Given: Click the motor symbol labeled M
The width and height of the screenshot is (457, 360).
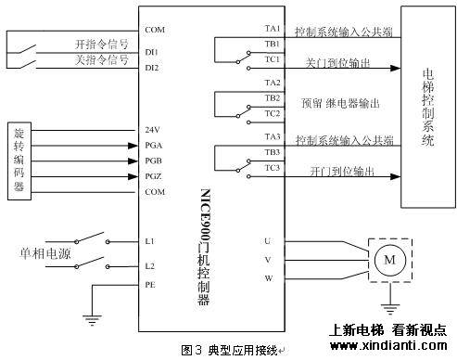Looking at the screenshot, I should pos(389,261).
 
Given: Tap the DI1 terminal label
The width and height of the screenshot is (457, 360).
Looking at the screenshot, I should pos(153,52).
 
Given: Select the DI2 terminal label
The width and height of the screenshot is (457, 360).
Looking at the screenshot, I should pos(153,68).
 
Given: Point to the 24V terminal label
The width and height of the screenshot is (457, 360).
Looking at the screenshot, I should pos(153,129).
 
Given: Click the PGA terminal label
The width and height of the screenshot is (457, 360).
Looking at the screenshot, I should pos(154,145).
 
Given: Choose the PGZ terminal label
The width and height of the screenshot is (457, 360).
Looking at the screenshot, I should pos(154,175).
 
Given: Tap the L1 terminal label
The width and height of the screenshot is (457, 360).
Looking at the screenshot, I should pos(150,241).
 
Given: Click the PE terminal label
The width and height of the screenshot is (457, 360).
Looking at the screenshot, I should pos(150,285).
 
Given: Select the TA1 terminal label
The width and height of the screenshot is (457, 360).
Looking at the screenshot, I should pos(272,29).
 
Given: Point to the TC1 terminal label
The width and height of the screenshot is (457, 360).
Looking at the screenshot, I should pos(272,59).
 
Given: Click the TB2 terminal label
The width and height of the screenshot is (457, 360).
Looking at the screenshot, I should pos(272,97).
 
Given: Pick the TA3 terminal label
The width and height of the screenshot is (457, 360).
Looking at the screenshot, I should pos(272,136).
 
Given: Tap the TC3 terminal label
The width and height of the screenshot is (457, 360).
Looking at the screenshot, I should pos(272,167).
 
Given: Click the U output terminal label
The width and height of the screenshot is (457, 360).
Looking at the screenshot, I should pos(267,241).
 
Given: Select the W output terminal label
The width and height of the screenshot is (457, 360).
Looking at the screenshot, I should pos(267,277).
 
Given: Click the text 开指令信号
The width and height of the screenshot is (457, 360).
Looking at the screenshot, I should pos(101,44).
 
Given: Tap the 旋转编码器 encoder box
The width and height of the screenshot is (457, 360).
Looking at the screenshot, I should pos(19,160).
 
